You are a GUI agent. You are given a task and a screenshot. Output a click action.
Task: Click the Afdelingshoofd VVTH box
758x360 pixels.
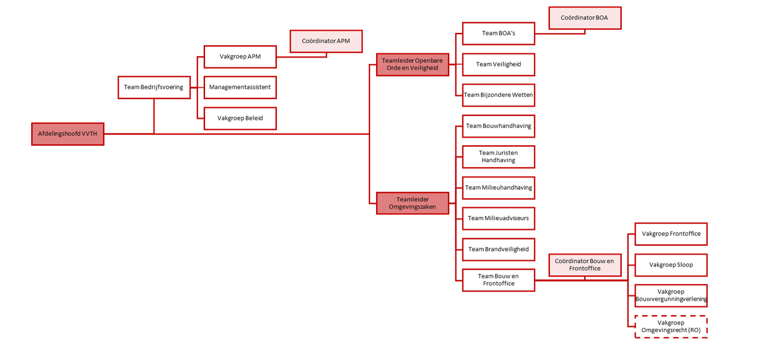tap(68, 134)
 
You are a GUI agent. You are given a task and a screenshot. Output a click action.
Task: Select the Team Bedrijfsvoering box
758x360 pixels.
tap(154, 87)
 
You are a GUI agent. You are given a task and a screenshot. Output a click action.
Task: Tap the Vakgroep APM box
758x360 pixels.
tap(240, 56)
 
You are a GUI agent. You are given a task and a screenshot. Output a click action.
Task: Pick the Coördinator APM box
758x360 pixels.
tap(326, 41)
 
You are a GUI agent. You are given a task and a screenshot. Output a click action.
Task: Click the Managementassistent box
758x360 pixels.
tap(240, 87)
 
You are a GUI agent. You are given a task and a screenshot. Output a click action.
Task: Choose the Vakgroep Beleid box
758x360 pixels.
tap(240, 118)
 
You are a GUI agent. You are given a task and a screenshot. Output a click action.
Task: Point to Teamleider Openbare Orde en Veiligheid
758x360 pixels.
tap(412, 64)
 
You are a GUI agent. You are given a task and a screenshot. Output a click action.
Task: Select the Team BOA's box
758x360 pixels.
tap(498, 33)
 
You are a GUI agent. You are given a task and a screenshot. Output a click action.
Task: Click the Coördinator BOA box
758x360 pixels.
tap(585, 18)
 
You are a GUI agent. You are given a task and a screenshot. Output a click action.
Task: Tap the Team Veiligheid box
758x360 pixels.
tap(498, 64)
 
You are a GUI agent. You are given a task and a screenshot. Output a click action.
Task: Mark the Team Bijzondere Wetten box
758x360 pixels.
tap(498, 95)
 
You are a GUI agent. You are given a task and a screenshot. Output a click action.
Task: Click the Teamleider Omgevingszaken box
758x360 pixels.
tap(412, 203)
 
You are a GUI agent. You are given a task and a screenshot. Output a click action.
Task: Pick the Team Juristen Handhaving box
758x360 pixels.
tap(498, 156)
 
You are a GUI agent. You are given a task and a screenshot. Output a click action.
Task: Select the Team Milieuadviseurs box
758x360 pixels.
tap(498, 218)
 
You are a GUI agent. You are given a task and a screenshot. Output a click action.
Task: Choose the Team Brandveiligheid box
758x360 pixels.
tap(498, 249)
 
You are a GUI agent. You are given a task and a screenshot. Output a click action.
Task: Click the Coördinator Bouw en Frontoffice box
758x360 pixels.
tap(585, 264)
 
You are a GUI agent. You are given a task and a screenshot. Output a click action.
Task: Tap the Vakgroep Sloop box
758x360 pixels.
tap(671, 265)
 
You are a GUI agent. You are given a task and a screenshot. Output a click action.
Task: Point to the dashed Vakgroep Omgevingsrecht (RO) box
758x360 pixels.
tap(671, 326)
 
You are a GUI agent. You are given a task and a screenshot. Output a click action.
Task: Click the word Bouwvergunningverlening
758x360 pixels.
tap(671, 299)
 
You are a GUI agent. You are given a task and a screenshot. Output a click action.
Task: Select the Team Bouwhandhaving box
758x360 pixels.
tap(498, 126)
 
